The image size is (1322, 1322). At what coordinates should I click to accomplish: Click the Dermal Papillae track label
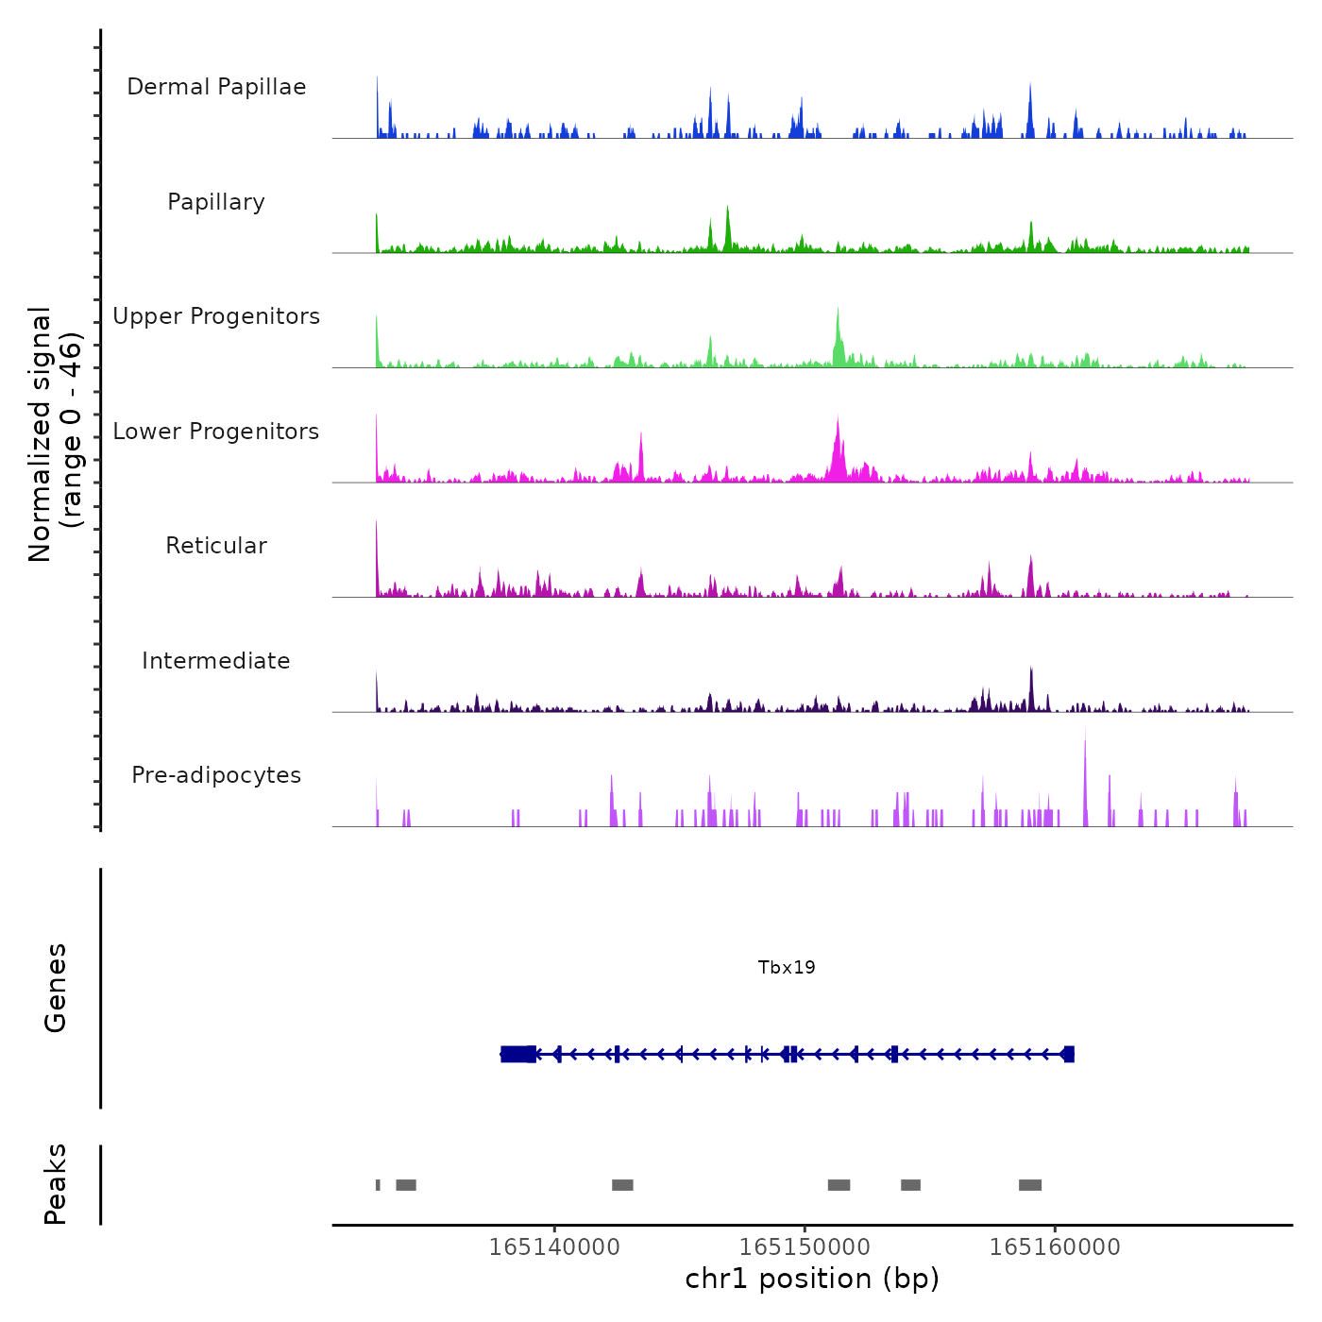(216, 87)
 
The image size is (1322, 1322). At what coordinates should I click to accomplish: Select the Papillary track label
(216, 202)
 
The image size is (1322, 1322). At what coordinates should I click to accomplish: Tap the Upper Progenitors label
(216, 316)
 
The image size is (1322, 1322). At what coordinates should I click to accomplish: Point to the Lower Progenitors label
(216, 432)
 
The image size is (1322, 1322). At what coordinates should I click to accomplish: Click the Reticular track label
(216, 546)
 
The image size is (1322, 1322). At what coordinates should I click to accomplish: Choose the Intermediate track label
(216, 661)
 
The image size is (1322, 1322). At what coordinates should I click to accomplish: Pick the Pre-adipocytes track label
(216, 775)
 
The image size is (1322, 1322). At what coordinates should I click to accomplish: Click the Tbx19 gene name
(787, 967)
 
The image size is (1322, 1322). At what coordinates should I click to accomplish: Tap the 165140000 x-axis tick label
(554, 1247)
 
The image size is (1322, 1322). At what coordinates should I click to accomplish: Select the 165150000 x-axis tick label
(805, 1247)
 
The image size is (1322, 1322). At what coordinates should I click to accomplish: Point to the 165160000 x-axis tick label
(1055, 1247)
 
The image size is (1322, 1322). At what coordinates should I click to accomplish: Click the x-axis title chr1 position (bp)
(812, 1279)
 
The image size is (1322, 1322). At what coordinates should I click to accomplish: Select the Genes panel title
(56, 988)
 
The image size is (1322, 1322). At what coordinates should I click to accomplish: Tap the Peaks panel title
(56, 1184)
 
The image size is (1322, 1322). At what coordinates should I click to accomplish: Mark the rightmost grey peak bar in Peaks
(1030, 1185)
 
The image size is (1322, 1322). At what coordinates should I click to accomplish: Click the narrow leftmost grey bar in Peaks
(378, 1185)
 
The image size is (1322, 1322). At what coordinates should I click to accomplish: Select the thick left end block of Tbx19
(518, 1054)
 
